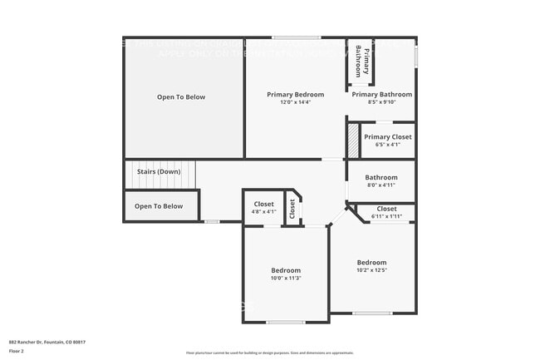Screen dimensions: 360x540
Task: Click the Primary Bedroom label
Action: pyautogui.click(x=295, y=95)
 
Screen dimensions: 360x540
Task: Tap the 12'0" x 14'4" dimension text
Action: pyautogui.click(x=295, y=104)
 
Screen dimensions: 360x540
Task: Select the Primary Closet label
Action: pyautogui.click(x=388, y=137)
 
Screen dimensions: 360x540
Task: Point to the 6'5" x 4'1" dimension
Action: pyautogui.click(x=388, y=145)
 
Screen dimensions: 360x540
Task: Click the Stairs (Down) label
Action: pyautogui.click(x=159, y=172)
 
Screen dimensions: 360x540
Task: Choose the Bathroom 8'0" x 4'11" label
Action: pyautogui.click(x=381, y=177)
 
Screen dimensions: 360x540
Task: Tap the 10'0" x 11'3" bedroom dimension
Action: pyautogui.click(x=286, y=279)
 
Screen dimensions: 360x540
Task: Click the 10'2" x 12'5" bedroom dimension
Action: pyautogui.click(x=371, y=270)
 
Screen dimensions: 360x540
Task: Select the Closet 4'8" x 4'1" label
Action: pyautogui.click(x=263, y=204)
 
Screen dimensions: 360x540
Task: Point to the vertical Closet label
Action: pyautogui.click(x=292, y=210)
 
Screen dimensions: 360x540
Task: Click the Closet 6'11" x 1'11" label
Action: pyautogui.click(x=387, y=209)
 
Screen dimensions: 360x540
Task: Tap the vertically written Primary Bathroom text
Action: pyautogui.click(x=359, y=60)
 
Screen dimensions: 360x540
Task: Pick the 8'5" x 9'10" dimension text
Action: pyautogui.click(x=382, y=103)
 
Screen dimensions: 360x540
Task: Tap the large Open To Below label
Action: pyautogui.click(x=181, y=97)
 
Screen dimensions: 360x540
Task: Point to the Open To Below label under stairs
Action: pyautogui.click(x=159, y=206)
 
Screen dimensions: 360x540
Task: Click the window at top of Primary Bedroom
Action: pyautogui.click(x=296, y=37)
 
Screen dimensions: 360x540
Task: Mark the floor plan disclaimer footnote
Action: pyautogui.click(x=269, y=353)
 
